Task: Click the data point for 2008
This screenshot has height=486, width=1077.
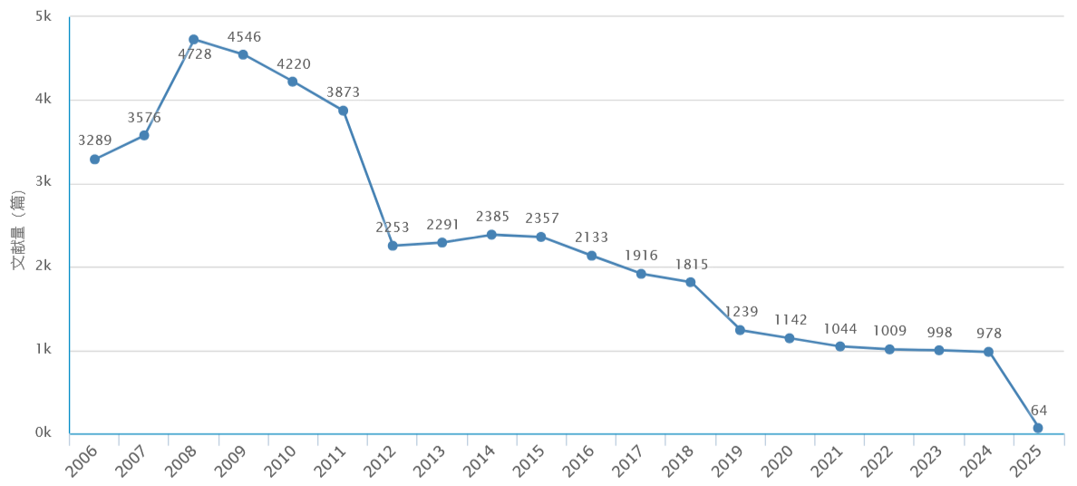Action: click(193, 39)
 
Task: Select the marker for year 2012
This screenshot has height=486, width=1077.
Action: click(393, 246)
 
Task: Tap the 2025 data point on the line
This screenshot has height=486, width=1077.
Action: click(1038, 428)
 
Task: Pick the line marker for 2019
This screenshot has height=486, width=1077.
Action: click(740, 330)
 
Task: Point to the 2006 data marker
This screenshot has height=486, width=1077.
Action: click(94, 160)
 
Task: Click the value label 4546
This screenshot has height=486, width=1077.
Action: click(244, 37)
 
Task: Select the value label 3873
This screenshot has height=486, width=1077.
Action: click(344, 92)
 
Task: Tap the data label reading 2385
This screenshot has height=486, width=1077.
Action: click(492, 218)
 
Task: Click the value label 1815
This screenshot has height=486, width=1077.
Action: click(691, 265)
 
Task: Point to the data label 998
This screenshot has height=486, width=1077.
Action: click(939, 333)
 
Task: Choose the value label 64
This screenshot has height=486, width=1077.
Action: click(1038, 411)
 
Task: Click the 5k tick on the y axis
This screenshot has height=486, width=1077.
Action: click(43, 16)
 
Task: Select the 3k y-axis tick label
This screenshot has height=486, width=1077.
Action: click(43, 183)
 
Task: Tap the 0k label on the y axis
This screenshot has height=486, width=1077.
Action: click(43, 433)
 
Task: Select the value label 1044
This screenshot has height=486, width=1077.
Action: click(840, 329)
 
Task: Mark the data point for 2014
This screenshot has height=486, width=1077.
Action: click(491, 235)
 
